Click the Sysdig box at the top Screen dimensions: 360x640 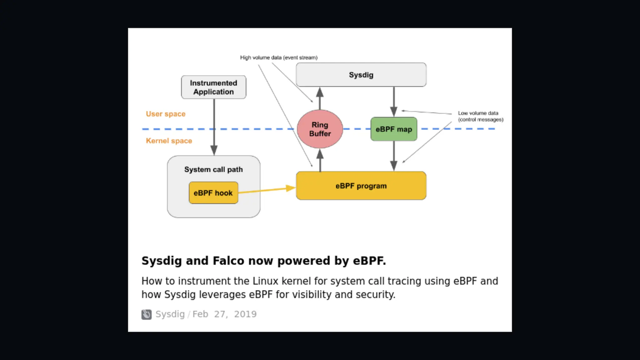pyautogui.click(x=361, y=75)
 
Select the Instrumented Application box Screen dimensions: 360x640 pyautogui.click(x=213, y=87)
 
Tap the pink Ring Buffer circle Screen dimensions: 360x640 pyautogui.click(x=320, y=129)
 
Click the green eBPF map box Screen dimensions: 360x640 pyautogui.click(x=393, y=129)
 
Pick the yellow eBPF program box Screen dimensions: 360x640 pyautogui.click(x=361, y=186)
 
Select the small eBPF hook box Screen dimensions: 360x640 pyautogui.click(x=213, y=193)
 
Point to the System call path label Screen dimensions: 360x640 pyautogui.click(x=213, y=169)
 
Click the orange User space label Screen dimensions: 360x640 pyautogui.click(x=166, y=114)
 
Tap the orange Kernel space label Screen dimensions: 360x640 pyautogui.click(x=169, y=141)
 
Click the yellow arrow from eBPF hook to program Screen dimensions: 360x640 pyautogui.click(x=266, y=190)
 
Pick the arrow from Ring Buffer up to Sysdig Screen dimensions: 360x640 pyautogui.click(x=320, y=98)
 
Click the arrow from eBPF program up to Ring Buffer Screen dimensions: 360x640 pyautogui.click(x=320, y=160)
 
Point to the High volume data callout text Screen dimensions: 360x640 pyautogui.click(x=278, y=57)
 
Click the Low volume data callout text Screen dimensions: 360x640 pyautogui.click(x=480, y=116)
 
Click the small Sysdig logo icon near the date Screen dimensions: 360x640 pyautogui.click(x=146, y=314)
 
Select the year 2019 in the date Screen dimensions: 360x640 pyautogui.click(x=245, y=314)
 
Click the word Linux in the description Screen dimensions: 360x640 pyautogui.click(x=265, y=281)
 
